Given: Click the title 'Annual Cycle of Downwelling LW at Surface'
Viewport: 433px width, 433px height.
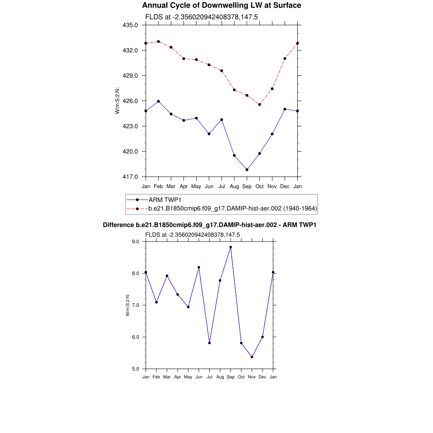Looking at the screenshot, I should point(222,5).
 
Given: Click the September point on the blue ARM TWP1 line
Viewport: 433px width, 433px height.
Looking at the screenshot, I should point(247,170).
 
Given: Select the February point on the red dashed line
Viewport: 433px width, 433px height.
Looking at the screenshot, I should point(158,41).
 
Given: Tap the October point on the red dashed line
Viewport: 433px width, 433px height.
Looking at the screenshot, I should point(260,104).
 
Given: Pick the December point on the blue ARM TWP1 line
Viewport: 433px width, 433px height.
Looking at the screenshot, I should point(285,109).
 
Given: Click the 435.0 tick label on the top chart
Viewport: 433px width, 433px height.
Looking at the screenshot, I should point(130,25).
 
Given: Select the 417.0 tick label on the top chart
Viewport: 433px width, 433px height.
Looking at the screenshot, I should point(130,177).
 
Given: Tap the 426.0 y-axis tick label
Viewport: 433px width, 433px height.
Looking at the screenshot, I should point(130,101).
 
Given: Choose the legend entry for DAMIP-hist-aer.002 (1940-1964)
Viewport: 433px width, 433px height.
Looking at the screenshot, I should point(233,208).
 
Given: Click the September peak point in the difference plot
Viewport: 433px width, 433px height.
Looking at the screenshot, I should point(230,247).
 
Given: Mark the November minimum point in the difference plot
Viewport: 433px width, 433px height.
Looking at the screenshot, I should point(252,357).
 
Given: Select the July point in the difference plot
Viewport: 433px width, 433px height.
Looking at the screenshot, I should point(209,343).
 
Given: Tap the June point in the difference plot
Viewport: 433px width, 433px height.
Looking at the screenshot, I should point(199,267).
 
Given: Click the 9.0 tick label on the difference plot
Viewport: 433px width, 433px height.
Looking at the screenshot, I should point(136,241).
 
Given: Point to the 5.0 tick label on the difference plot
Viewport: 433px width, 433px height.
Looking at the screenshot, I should point(136,369).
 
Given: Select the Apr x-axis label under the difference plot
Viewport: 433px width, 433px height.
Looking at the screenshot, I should point(178,377).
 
